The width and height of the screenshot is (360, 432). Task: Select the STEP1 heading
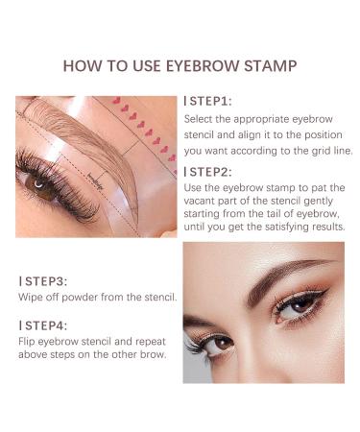[209, 100]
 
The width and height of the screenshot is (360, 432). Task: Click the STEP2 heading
[209, 172]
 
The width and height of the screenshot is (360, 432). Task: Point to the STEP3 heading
[41, 281]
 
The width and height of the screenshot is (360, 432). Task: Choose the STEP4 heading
[41, 325]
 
